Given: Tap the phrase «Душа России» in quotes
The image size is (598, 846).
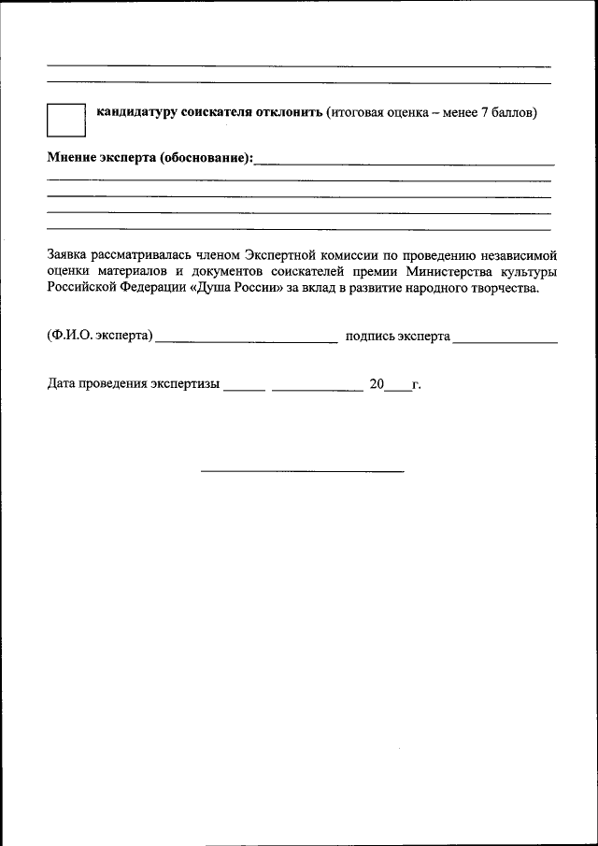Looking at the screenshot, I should pos(237,288).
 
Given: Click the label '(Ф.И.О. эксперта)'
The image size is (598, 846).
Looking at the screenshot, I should pos(99,336).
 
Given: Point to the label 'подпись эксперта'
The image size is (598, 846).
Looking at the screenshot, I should pos(398,336).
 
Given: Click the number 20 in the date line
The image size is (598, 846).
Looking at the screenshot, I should pos(377,383).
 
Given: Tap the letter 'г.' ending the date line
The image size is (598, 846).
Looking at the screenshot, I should pos(417,384).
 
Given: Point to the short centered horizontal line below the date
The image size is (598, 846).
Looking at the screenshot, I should pos(303,470).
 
